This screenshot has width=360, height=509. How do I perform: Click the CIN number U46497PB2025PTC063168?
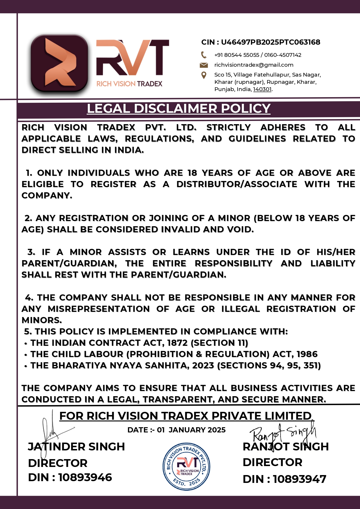270,42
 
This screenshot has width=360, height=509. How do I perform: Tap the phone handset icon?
204,55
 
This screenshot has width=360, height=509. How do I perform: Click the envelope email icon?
204,65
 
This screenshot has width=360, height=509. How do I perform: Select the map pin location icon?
204,75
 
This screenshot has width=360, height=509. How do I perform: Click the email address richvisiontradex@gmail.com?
254,65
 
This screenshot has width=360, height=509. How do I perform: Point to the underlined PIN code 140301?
262,89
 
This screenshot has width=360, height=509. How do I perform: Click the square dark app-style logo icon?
59,63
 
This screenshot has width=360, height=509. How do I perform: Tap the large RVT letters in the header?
132,58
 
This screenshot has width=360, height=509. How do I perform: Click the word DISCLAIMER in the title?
176,109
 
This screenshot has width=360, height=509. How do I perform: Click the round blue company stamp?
186,467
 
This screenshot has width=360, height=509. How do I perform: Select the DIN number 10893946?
85,477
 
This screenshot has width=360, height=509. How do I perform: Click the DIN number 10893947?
299,479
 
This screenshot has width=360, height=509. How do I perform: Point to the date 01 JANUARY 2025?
191,430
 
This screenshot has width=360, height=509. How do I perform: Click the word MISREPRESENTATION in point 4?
99,309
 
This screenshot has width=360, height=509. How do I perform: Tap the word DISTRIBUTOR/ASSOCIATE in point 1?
237,184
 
